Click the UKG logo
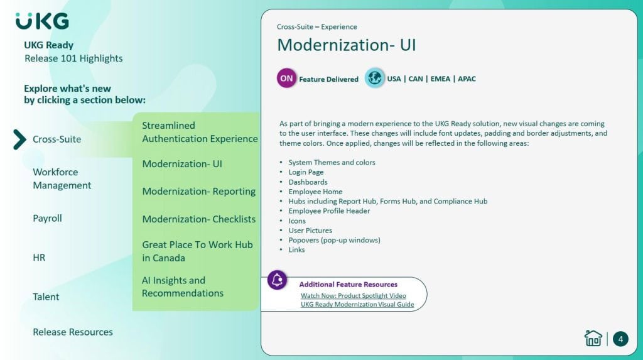point(42,21)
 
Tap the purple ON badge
point(286,78)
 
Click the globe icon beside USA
point(374,77)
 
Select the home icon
point(593,338)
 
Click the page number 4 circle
point(620,339)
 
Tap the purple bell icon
point(277,280)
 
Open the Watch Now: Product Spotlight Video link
point(353,295)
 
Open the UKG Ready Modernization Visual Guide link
point(357,304)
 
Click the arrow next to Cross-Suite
point(19,139)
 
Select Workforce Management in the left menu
point(62,178)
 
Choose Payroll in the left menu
point(47,218)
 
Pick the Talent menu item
point(46,297)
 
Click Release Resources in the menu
point(73,332)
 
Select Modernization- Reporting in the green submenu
point(199,191)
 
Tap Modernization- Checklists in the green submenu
point(199,219)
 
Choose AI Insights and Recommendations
point(183,286)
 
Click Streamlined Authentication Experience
point(200,132)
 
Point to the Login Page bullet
point(306,172)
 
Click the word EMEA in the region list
point(440,79)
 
